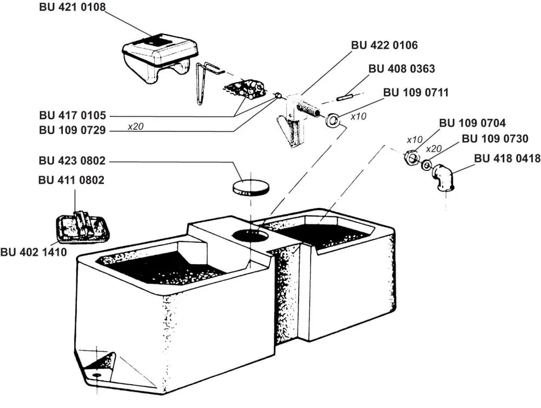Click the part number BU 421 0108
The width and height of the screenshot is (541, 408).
coord(72,7)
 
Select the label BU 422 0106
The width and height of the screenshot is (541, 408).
coord(384,45)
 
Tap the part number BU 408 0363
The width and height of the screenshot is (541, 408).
coord(401,69)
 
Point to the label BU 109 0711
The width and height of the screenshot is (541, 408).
coord(416,93)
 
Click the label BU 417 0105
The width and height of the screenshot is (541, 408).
coord(72,115)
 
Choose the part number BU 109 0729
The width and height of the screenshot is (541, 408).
coord(72,130)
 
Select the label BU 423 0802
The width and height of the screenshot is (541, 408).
coord(72,161)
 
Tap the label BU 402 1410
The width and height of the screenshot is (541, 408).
coord(34,252)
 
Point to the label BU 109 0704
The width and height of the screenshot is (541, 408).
coord(472,123)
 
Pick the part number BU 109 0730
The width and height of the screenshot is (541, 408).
coord(494,139)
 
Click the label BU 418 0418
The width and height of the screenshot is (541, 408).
coord(507,159)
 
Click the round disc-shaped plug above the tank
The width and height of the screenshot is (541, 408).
coord(252,187)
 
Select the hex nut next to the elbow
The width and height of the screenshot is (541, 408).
coord(411,158)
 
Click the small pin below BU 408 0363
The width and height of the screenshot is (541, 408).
coord(344,98)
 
